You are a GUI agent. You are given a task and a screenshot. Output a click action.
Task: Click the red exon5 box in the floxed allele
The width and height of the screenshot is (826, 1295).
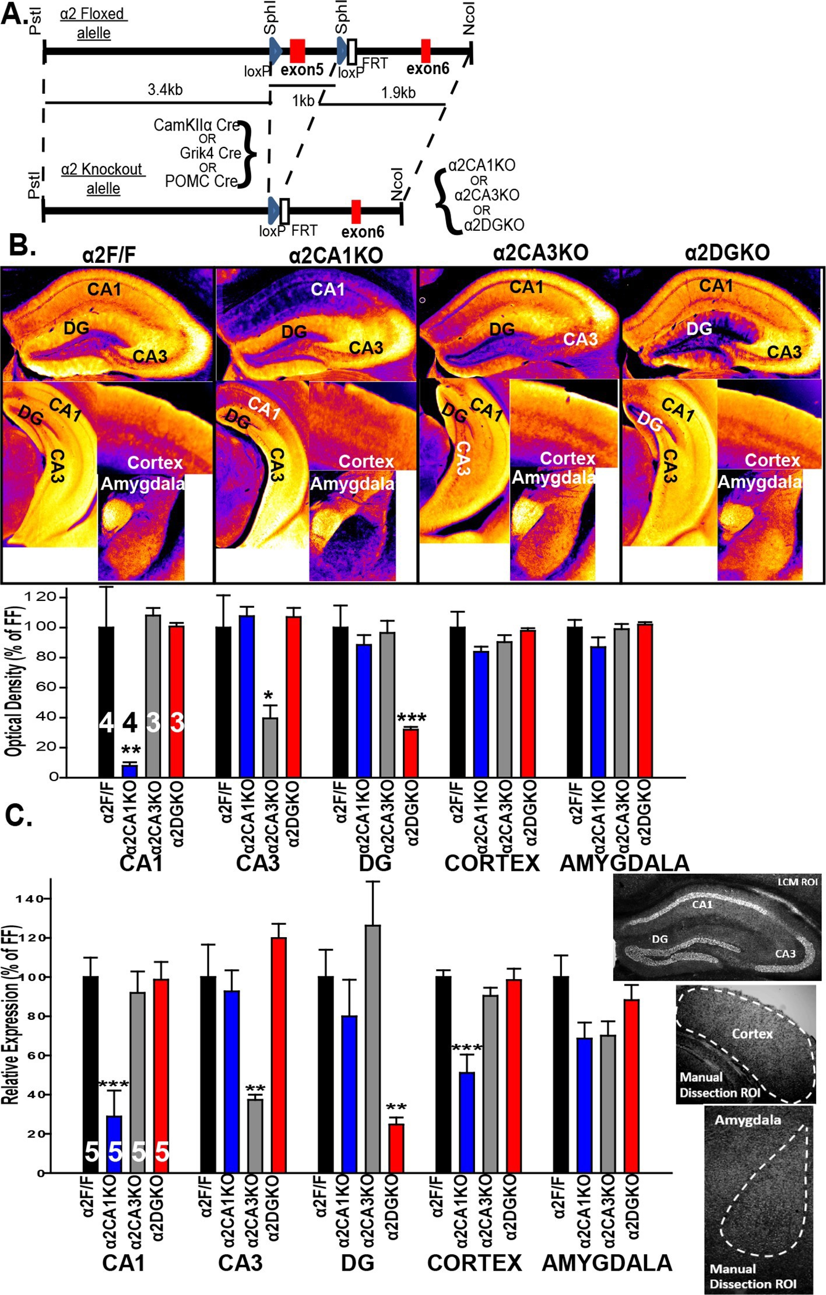coord(297,51)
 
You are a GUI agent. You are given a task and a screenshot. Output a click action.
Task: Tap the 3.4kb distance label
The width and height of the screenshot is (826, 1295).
coord(165,90)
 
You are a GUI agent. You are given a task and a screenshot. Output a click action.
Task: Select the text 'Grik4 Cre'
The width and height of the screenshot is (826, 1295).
coord(210,153)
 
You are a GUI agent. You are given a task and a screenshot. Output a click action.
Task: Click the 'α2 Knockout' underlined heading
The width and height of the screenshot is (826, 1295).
coord(102,169)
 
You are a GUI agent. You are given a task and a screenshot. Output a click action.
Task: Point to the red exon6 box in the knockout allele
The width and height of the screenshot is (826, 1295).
coord(356,211)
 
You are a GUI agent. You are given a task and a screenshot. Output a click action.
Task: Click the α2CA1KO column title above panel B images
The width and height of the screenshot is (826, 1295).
coord(336,255)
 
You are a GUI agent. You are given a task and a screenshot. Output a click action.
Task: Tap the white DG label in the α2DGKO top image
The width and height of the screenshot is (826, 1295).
coord(699,329)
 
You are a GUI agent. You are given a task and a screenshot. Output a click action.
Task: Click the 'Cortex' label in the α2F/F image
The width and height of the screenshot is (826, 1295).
coord(155,463)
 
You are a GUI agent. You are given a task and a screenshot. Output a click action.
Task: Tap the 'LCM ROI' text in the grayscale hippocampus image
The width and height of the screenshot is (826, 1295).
coord(797,882)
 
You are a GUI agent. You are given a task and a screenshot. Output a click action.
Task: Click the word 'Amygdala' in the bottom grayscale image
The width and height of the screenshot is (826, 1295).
coord(748,1120)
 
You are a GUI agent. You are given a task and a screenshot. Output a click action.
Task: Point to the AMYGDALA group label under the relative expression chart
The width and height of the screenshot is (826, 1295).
coord(607,1262)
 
